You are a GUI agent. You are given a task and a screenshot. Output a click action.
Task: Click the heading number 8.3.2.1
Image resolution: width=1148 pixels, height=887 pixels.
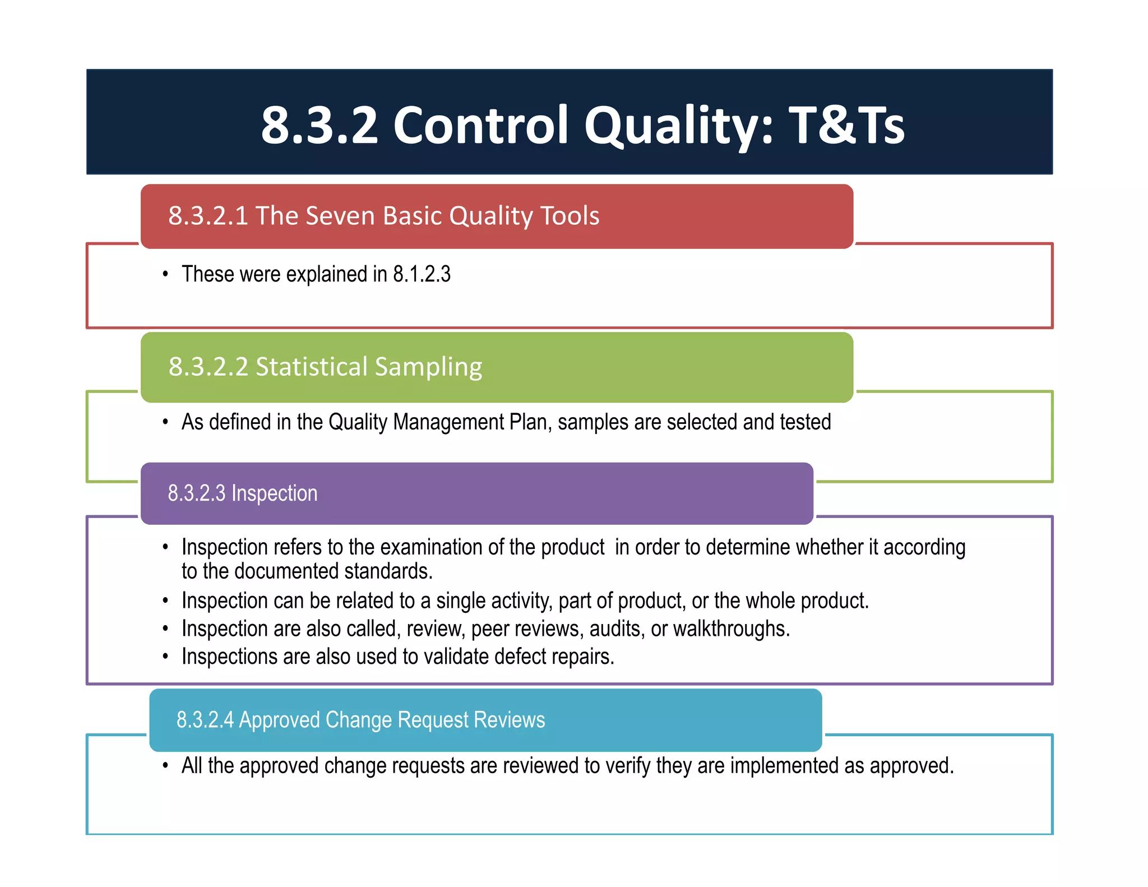(x=208, y=216)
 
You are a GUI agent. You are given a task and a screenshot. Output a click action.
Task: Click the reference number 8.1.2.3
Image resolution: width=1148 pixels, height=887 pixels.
(x=422, y=274)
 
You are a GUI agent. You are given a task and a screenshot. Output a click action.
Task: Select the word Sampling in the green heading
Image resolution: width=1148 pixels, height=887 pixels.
(x=428, y=367)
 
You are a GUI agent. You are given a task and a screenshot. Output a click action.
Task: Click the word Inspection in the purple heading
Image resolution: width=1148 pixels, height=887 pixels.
(x=274, y=493)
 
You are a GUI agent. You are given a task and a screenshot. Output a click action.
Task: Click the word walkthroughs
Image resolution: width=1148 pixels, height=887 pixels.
(x=731, y=629)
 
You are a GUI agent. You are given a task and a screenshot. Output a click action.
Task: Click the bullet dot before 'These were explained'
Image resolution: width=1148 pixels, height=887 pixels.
(x=165, y=274)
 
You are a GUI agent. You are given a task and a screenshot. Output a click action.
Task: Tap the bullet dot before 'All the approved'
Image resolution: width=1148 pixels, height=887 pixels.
(x=165, y=766)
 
